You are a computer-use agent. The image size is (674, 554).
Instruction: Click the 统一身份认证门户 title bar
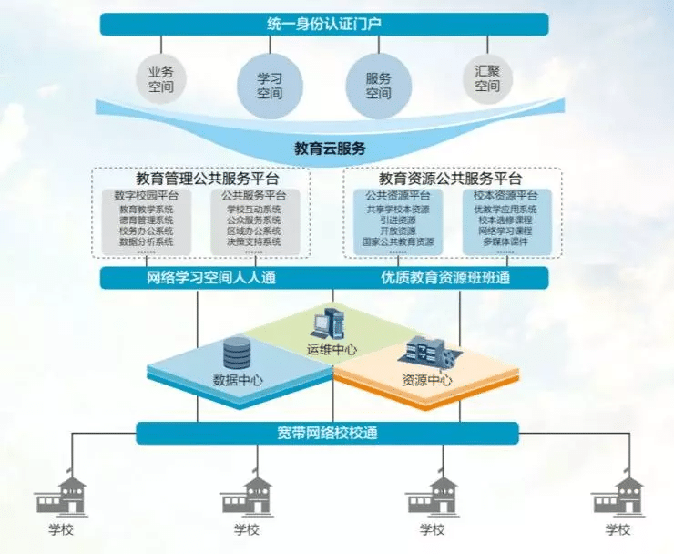(336, 24)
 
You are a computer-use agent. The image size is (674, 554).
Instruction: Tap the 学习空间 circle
(269, 86)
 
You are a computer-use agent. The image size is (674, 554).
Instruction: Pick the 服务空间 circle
(378, 86)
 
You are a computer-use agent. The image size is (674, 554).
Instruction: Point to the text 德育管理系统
(146, 220)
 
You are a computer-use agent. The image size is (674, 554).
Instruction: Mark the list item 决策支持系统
(254, 242)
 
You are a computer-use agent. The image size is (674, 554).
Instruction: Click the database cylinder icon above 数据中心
(236, 351)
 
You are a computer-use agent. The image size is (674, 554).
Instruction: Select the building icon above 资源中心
(425, 352)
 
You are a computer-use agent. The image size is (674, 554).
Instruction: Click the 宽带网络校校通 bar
(327, 433)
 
